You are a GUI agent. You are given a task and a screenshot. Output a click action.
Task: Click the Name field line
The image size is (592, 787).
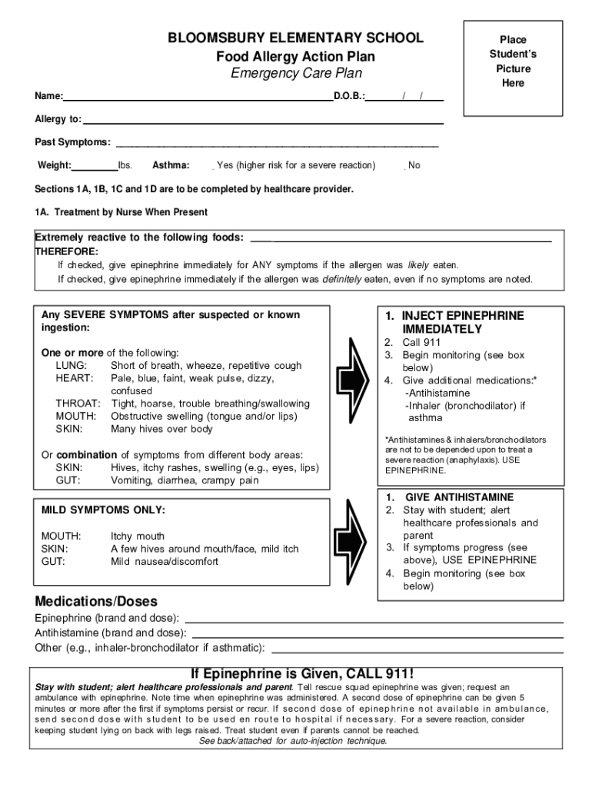tap(198, 98)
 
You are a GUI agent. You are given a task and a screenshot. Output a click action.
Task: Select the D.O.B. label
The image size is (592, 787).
tap(350, 97)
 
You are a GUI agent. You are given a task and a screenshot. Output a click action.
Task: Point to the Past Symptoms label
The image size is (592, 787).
tap(72, 143)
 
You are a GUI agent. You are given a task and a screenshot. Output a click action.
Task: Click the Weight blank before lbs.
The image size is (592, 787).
tap(95, 166)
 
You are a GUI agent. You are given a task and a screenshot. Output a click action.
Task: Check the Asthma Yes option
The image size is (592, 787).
tap(213, 166)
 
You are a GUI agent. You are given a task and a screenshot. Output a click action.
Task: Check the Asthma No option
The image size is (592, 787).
tap(405, 166)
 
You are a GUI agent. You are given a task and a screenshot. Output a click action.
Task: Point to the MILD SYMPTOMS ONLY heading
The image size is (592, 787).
tap(103, 510)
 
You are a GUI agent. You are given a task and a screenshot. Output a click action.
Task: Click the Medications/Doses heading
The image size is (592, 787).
tap(96, 600)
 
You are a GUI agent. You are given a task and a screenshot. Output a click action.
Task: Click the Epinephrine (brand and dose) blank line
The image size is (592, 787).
tap(374, 619)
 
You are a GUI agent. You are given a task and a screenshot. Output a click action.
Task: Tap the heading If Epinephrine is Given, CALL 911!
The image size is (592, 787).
tap(301, 673)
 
